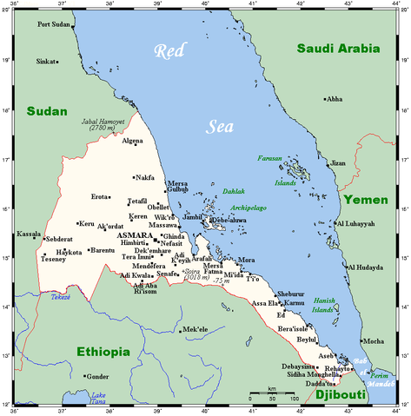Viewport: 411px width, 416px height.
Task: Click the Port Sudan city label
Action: tap(55, 24)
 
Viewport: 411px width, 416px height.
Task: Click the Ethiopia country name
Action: tap(103, 352)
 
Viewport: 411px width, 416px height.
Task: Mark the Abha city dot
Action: tap(326, 99)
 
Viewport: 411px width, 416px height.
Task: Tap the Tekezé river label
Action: tap(60, 296)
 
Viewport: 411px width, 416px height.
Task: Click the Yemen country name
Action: tap(365, 200)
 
